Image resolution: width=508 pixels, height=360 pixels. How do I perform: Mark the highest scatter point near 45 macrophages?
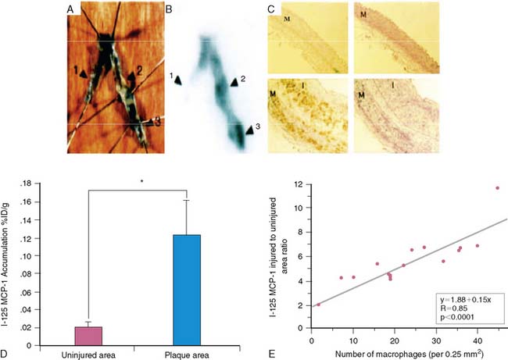click(497, 188)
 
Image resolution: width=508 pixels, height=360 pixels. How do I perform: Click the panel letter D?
click(6, 353)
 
